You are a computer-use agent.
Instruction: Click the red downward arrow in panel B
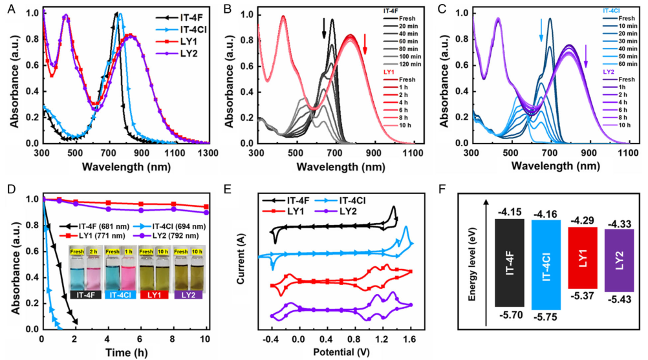(x=365, y=43)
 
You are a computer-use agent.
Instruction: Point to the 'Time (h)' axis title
(x=124, y=353)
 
